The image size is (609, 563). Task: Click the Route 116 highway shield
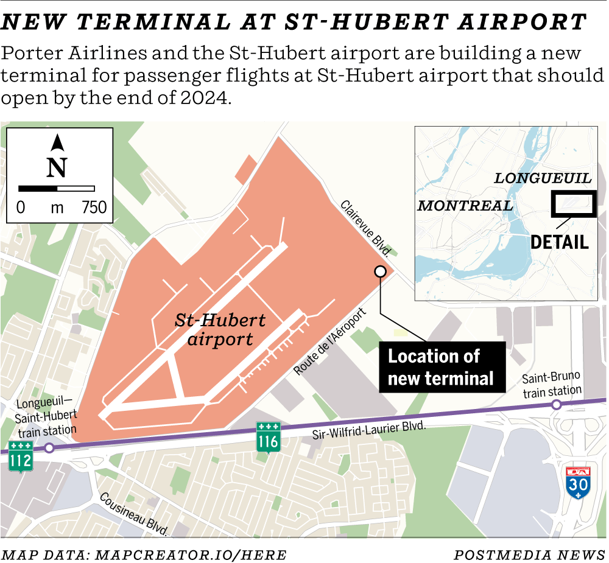tap(268, 437)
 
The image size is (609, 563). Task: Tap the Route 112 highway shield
tap(20, 456)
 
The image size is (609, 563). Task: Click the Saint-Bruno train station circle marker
tap(556, 405)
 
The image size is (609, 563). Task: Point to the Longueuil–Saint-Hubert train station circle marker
tap(49, 447)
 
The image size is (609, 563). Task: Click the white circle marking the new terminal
tap(380, 272)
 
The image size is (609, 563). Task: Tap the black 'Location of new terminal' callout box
tap(440, 367)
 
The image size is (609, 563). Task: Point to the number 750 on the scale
tap(94, 208)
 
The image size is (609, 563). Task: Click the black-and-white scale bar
tap(57, 189)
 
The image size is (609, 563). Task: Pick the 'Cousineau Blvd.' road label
tap(134, 514)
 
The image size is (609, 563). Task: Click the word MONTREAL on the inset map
tap(465, 205)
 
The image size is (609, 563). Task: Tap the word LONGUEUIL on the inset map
tap(543, 178)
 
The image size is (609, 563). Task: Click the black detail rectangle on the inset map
tap(574, 204)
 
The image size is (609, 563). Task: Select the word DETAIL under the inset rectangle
tap(560, 242)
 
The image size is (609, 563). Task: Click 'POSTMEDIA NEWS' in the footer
tap(529, 554)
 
